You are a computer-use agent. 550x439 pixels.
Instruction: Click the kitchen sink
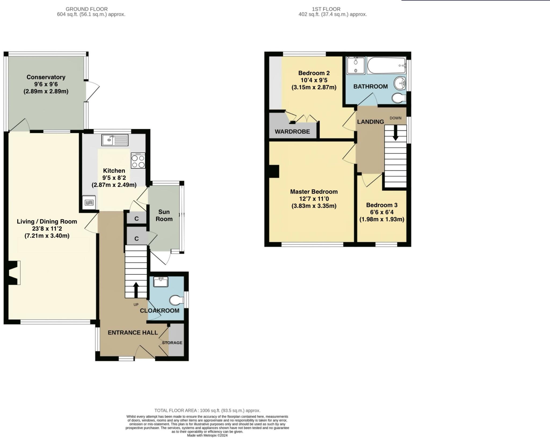point(115,140)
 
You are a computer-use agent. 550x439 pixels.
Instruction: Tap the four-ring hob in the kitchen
point(138,160)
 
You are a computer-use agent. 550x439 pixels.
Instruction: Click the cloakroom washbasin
point(161,282)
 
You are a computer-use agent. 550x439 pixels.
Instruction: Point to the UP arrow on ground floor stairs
point(136,290)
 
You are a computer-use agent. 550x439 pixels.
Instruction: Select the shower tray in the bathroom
point(356,65)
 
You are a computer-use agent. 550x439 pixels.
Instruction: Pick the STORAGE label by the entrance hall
point(172,343)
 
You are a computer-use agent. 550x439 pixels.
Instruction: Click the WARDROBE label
point(292,132)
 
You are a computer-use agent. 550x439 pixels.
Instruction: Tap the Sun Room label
point(164,215)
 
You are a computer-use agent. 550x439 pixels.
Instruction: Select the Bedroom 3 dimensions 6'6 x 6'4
point(382,212)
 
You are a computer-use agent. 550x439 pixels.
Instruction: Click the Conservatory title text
point(46,77)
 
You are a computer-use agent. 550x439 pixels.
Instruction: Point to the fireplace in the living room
point(13,273)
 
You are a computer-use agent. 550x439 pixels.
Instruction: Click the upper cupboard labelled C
point(136,219)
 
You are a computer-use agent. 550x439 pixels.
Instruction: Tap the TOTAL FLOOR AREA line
point(207,410)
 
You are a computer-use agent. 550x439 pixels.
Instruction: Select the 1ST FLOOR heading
point(326,9)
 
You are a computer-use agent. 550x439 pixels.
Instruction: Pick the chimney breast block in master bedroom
point(274,171)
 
